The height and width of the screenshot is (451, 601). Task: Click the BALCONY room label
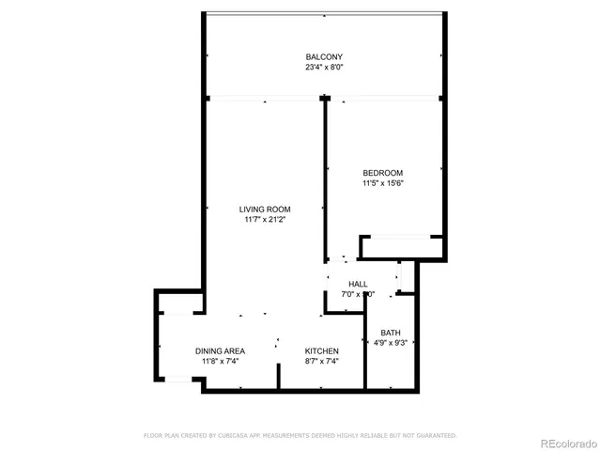[324, 56]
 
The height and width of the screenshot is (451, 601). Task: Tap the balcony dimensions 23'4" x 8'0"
[324, 68]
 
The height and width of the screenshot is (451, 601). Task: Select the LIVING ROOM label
[265, 209]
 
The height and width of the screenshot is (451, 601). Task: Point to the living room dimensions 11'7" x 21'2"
[265, 220]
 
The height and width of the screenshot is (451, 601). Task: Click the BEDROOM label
[383, 172]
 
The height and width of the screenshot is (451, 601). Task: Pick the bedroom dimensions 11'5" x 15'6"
[383, 183]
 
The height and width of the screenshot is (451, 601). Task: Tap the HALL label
[358, 284]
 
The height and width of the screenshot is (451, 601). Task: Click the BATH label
[391, 333]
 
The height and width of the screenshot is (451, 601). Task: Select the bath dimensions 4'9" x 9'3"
[391, 344]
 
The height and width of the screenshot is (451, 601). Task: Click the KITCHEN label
[321, 350]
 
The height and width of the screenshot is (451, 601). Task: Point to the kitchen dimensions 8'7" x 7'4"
[321, 362]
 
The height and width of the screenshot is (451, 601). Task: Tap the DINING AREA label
[221, 350]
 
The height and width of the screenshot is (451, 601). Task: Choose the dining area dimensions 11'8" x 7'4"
[221, 362]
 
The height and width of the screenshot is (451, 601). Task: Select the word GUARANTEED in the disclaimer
[437, 436]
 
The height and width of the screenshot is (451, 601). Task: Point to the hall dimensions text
[358, 294]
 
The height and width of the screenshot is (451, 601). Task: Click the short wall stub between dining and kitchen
[279, 371]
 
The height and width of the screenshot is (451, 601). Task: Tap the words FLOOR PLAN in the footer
[162, 436]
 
